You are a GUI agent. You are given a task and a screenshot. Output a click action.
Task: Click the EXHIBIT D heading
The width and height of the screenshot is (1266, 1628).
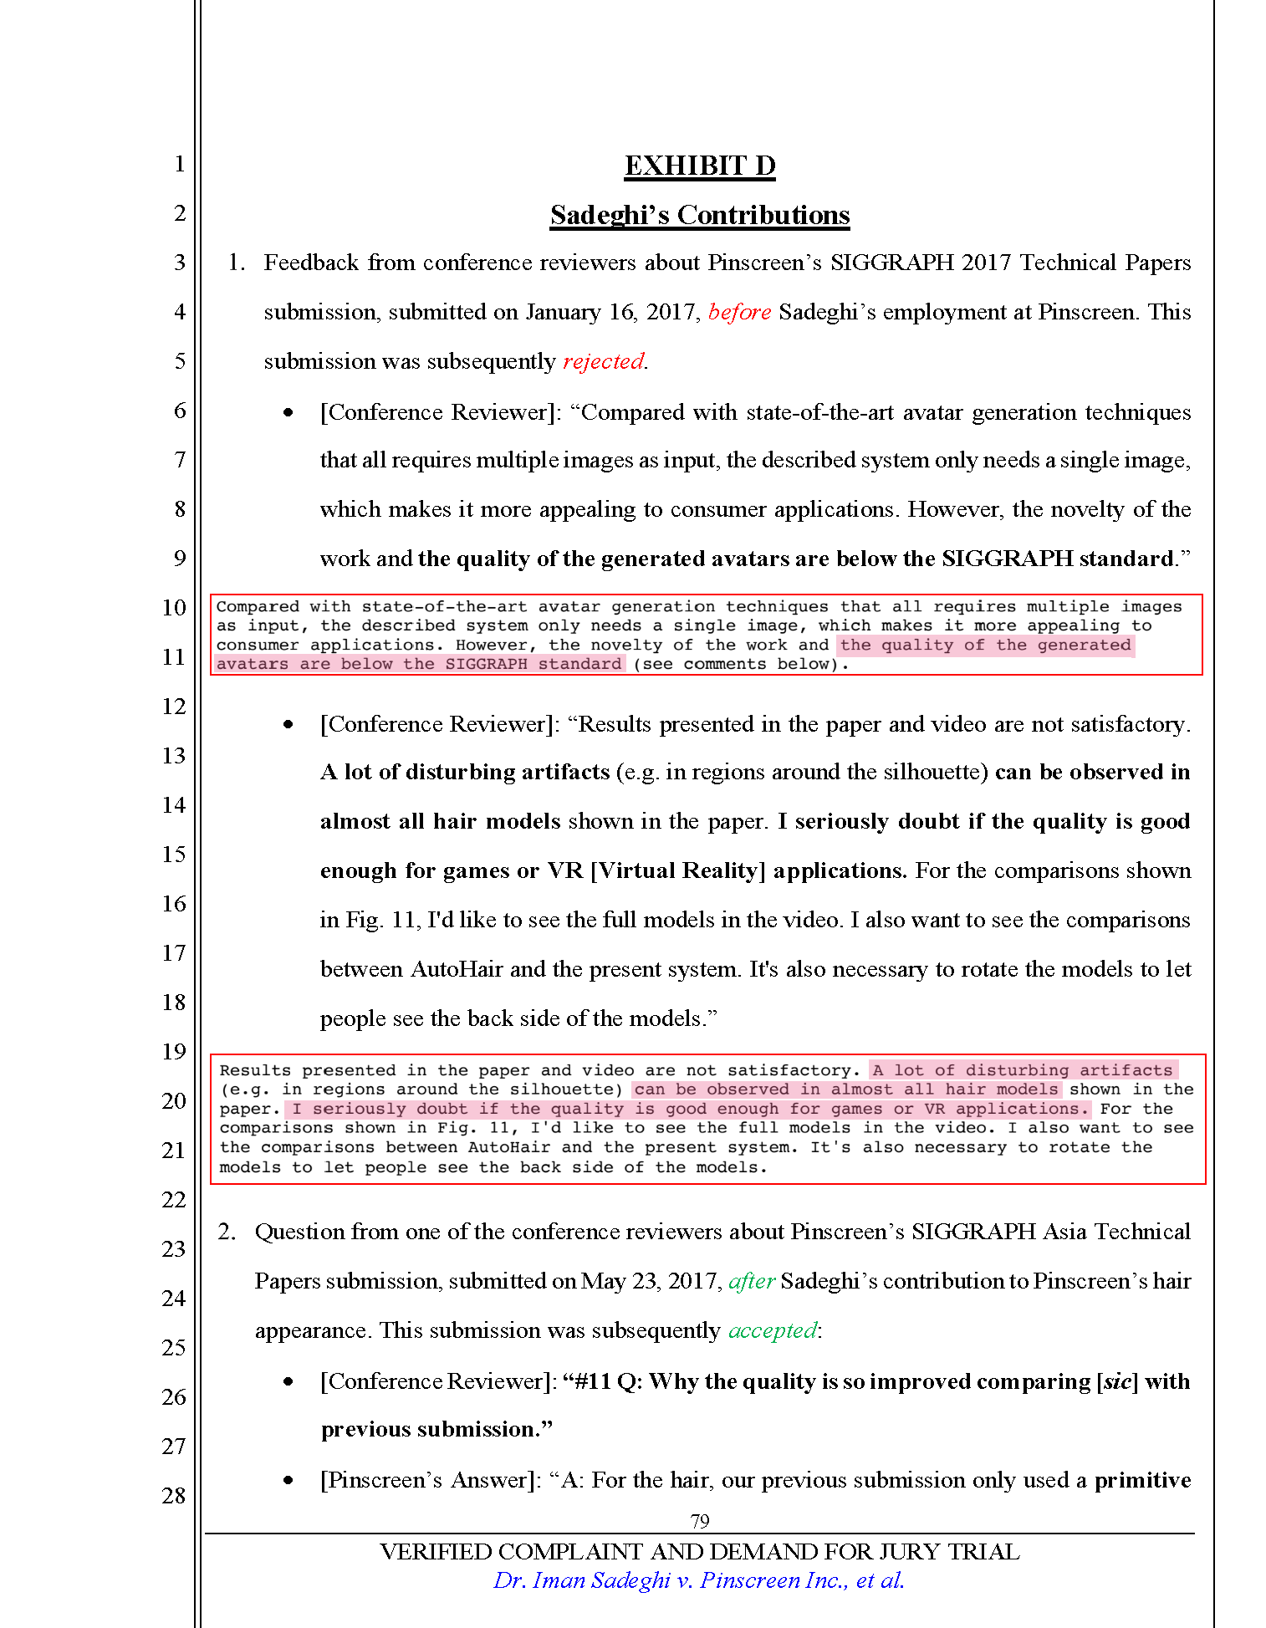click(x=700, y=166)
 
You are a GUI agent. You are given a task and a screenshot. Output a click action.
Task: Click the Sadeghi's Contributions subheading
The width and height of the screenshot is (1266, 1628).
click(x=700, y=215)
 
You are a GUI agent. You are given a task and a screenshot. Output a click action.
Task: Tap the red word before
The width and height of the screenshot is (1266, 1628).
click(x=739, y=312)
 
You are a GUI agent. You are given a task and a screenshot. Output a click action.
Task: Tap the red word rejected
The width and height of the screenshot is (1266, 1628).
click(x=603, y=361)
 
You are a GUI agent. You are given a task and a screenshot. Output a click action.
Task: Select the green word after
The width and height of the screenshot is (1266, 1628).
click(x=752, y=1281)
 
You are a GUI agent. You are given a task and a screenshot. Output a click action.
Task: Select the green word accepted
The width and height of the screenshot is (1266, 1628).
click(x=772, y=1330)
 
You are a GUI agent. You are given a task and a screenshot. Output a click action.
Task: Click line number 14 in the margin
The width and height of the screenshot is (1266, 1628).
click(x=174, y=805)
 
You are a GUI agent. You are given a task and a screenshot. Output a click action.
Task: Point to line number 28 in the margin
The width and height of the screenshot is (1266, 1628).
click(x=174, y=1496)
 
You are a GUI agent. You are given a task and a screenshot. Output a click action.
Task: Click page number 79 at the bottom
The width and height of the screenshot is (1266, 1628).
click(x=700, y=1521)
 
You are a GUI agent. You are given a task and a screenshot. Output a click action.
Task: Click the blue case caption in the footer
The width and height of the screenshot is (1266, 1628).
click(x=699, y=1580)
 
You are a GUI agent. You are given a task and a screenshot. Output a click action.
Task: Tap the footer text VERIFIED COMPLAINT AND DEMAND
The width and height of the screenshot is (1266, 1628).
click(x=699, y=1552)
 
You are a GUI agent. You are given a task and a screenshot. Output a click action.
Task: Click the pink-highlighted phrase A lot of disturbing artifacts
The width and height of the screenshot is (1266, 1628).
click(x=1024, y=1070)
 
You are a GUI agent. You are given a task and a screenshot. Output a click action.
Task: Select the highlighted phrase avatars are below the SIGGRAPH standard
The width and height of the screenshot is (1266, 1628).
click(x=418, y=664)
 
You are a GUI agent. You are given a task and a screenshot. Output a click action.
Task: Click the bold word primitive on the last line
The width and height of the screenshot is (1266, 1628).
click(x=1142, y=1480)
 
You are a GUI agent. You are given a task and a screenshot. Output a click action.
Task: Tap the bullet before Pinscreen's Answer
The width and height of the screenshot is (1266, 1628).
click(x=288, y=1481)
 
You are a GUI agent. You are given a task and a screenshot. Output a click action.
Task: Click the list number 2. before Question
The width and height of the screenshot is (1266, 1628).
click(x=227, y=1232)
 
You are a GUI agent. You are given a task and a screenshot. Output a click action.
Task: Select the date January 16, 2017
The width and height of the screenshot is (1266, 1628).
click(x=612, y=312)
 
